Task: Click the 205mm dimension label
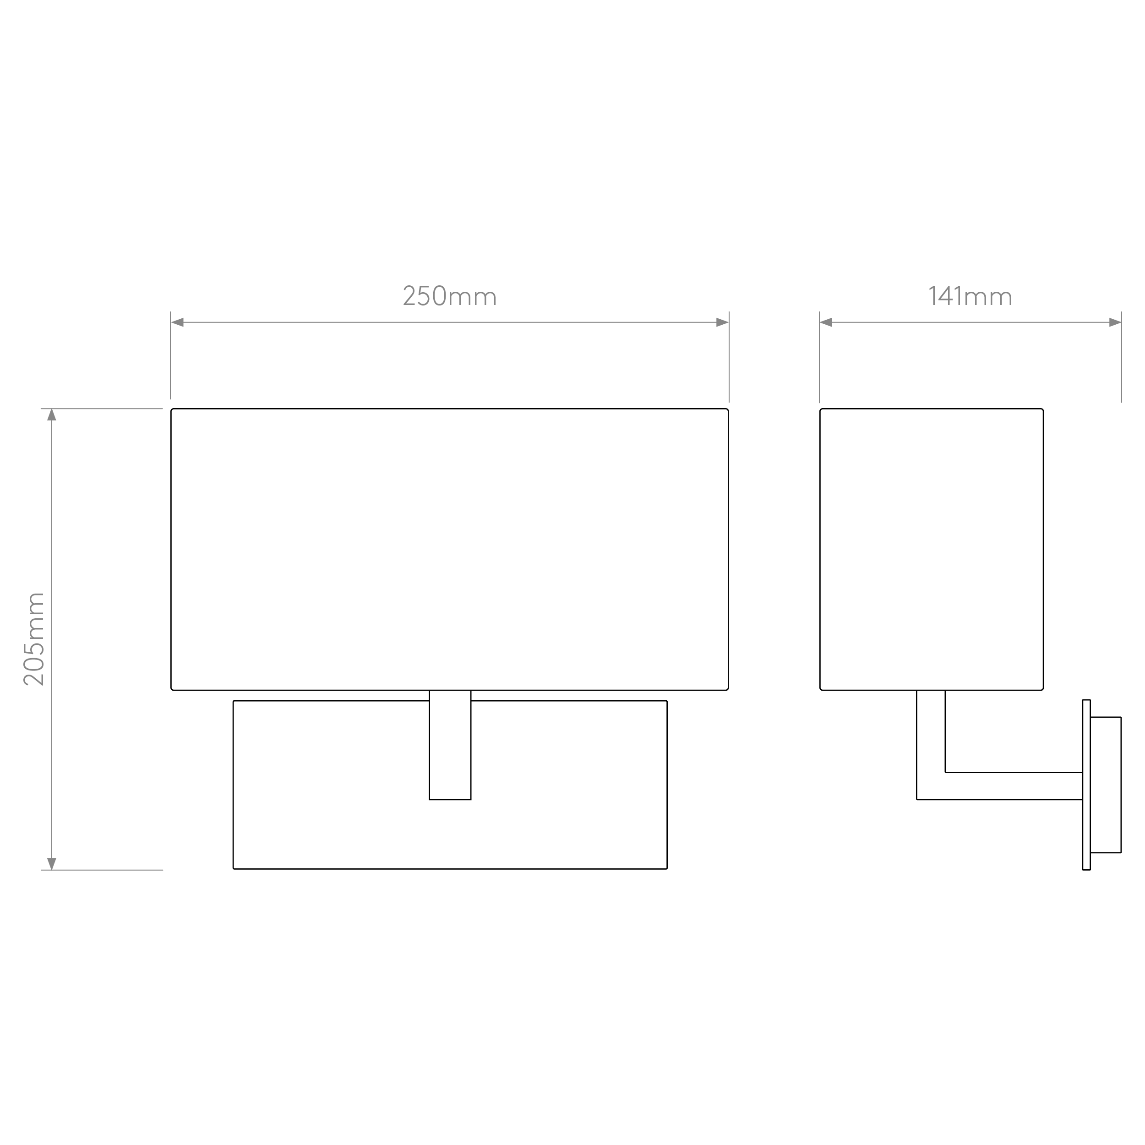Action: [x=34, y=639]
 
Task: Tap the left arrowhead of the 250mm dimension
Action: [x=177, y=322]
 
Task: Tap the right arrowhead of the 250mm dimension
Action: [x=722, y=322]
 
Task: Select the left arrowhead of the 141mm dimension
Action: [x=826, y=322]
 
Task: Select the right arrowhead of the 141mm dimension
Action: [x=1115, y=322]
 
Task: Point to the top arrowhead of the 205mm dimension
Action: [x=52, y=415]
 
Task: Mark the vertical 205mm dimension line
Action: [x=52, y=639]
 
